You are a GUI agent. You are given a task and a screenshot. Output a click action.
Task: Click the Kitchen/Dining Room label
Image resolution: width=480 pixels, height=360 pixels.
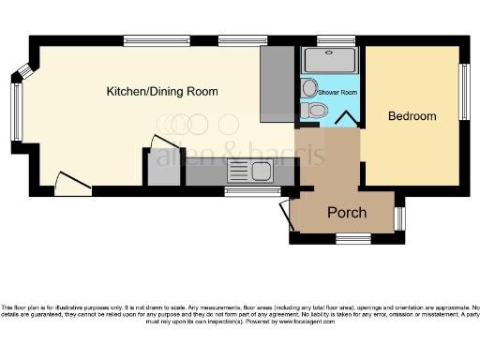[161, 92]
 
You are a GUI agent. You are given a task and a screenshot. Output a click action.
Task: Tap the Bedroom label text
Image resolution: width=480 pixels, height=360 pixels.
[412, 116]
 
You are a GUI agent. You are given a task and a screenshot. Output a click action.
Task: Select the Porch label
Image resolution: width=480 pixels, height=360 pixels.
[346, 213]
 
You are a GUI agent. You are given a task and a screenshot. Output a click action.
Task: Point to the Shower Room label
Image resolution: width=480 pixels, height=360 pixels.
[337, 92]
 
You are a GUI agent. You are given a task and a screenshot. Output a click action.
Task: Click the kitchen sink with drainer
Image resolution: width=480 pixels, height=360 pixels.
[249, 171]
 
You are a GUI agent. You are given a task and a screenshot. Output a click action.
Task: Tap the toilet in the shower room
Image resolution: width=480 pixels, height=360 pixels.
[317, 112]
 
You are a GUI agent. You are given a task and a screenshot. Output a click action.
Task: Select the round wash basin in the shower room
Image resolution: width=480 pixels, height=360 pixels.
[310, 88]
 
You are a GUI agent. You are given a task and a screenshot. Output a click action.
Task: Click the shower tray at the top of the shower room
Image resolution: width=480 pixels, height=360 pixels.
[330, 61]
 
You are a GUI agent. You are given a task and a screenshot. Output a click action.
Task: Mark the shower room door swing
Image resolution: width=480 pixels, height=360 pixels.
[346, 119]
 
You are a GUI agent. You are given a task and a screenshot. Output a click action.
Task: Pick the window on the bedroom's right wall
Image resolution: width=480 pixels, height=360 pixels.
[462, 92]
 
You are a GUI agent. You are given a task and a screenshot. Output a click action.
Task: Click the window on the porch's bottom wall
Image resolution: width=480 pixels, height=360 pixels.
[353, 238]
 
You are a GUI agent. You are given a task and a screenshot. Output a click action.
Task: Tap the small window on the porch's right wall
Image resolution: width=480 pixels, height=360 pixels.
[399, 217]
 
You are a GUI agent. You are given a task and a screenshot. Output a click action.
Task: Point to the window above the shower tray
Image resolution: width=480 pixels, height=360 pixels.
[330, 40]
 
